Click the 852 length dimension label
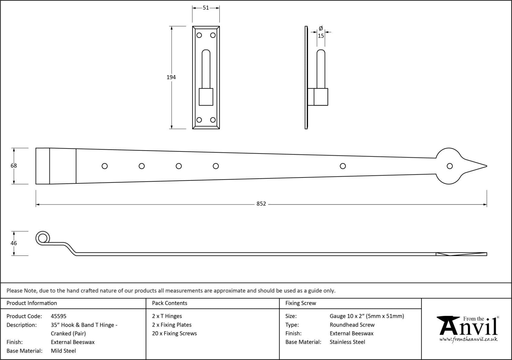261,203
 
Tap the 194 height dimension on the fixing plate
171,77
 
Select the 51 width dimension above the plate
206,8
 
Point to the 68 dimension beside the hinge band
14,166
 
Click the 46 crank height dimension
14,243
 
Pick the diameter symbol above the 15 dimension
321,28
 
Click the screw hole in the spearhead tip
450,166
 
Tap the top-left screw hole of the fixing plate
199,35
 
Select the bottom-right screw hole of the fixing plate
213,120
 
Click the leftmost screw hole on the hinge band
104,166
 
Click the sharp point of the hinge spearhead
487,166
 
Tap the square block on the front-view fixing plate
206,97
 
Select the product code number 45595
59,316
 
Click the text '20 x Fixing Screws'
174,333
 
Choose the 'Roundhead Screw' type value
352,325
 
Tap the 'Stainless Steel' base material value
347,342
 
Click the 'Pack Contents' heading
170,303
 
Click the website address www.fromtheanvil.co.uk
468,339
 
